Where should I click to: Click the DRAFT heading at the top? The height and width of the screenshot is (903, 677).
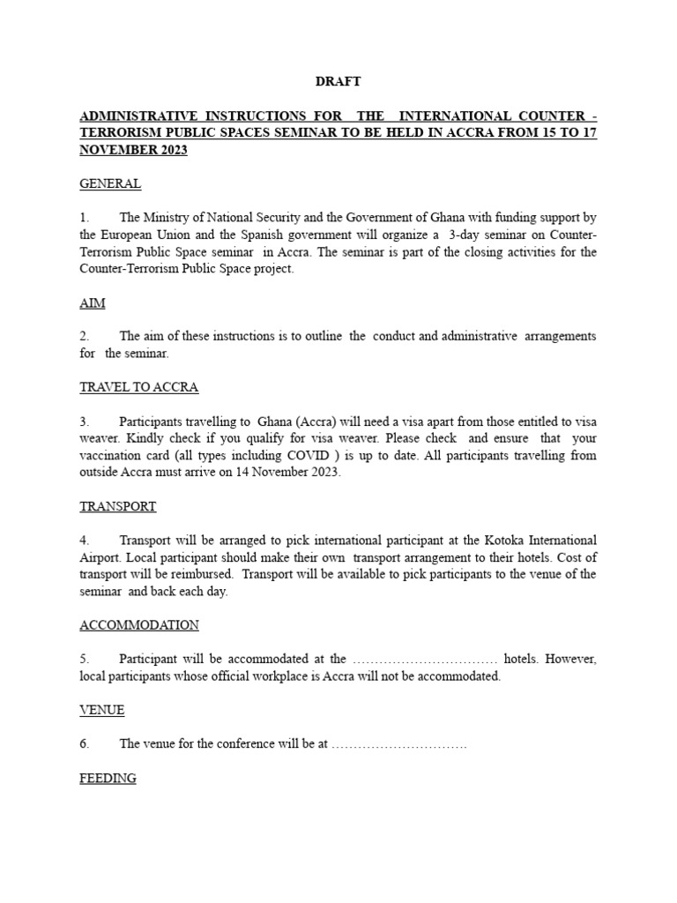click(338, 82)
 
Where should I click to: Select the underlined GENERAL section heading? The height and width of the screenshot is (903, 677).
click(110, 184)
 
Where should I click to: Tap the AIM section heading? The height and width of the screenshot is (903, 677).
click(93, 302)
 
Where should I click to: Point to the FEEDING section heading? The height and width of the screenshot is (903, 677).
click(108, 778)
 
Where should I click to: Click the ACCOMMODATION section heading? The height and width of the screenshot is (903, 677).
click(139, 624)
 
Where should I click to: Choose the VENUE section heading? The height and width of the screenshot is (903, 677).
click(102, 709)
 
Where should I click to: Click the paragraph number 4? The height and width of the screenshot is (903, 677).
click(85, 540)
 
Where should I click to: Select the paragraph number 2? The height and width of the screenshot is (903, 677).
click(85, 336)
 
